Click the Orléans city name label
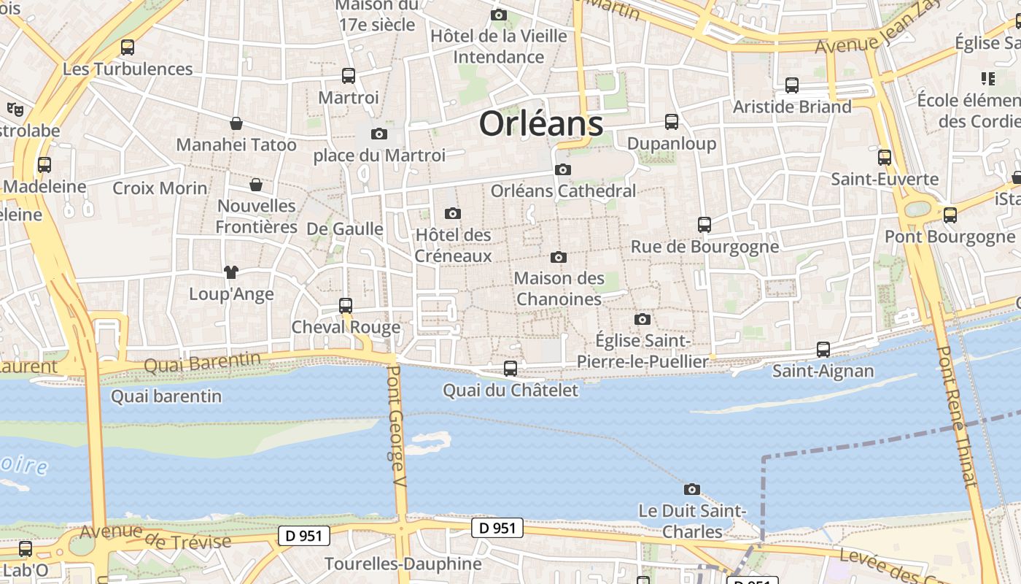541,124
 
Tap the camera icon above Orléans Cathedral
562,170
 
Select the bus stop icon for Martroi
349,76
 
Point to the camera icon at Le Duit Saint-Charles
692,489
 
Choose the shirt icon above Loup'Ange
231,272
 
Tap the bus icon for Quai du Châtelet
510,369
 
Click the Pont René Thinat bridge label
956,416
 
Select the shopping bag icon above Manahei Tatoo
236,123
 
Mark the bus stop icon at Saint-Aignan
823,350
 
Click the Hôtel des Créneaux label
453,245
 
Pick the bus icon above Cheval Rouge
346,306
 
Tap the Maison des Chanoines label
559,288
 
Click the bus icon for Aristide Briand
792,85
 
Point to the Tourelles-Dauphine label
403,564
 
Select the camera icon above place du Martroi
378,134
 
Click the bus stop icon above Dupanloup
672,122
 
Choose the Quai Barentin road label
202,361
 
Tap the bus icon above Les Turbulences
128,47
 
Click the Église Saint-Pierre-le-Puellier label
643,351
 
